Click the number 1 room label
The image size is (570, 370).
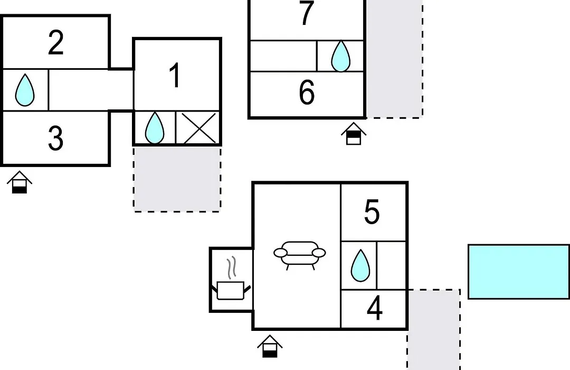click(175, 75)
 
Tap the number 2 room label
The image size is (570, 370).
click(56, 43)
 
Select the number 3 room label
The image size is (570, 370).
click(55, 138)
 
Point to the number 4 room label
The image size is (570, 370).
click(374, 308)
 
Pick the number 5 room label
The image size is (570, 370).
click(372, 211)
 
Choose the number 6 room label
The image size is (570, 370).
click(307, 92)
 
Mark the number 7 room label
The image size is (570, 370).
click(307, 13)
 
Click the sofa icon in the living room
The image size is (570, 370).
click(300, 255)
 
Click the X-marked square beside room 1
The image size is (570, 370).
click(198, 128)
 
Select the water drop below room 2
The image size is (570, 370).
click(25, 90)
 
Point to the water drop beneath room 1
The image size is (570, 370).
click(155, 127)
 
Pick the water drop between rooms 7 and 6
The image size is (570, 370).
click(340, 55)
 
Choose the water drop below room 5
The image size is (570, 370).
click(360, 265)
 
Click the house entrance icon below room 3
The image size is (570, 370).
click(20, 182)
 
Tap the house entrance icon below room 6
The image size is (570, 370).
click(353, 134)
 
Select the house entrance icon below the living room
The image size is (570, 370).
click(270, 346)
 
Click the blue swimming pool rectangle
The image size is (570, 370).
click(519, 272)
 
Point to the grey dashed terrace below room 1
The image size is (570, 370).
click(177, 179)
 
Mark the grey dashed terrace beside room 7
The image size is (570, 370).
click(394, 59)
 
